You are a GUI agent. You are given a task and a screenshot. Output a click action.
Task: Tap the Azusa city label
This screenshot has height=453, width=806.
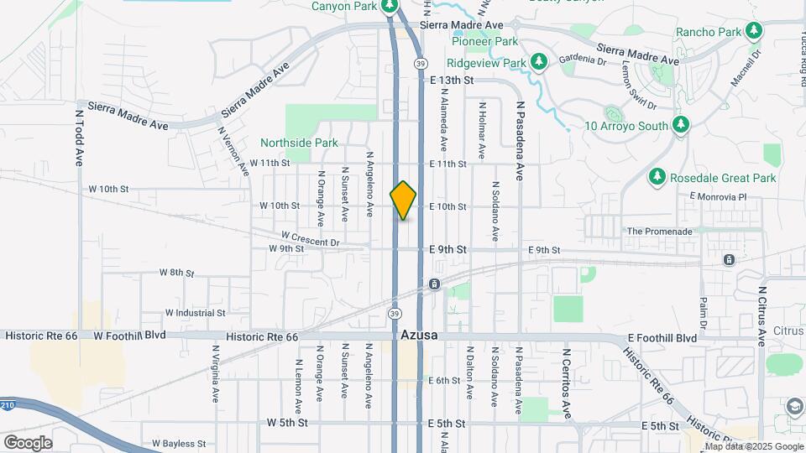pos(420,335)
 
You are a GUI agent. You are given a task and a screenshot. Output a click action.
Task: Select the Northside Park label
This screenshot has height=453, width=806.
pos(299,143)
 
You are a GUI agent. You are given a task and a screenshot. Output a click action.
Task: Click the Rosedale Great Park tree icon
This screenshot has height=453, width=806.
pos(657,177)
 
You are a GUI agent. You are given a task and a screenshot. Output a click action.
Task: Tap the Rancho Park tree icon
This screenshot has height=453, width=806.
pos(754,32)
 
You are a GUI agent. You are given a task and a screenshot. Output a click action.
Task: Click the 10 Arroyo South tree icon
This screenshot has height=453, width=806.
pos(681,126)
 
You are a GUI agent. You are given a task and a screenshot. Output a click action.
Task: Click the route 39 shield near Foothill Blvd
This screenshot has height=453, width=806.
pos(394,312)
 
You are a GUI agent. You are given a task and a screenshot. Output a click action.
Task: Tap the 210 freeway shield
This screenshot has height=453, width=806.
pos(8,405)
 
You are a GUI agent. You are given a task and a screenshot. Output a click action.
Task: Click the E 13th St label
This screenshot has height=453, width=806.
pos(453,81)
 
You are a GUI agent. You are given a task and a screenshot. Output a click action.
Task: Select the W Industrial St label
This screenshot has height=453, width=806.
pos(196,312)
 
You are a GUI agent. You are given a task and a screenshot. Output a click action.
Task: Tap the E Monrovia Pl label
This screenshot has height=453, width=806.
pos(717,196)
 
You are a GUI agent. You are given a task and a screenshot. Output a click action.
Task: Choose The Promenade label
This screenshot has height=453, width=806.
pos(660,231)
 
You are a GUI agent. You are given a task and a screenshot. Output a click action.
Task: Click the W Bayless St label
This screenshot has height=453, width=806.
pos(179,443)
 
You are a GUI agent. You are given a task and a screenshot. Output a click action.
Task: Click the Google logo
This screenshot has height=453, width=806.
pos(28,442)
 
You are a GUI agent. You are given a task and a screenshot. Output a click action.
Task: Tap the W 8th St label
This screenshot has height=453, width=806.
pos(176,273)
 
